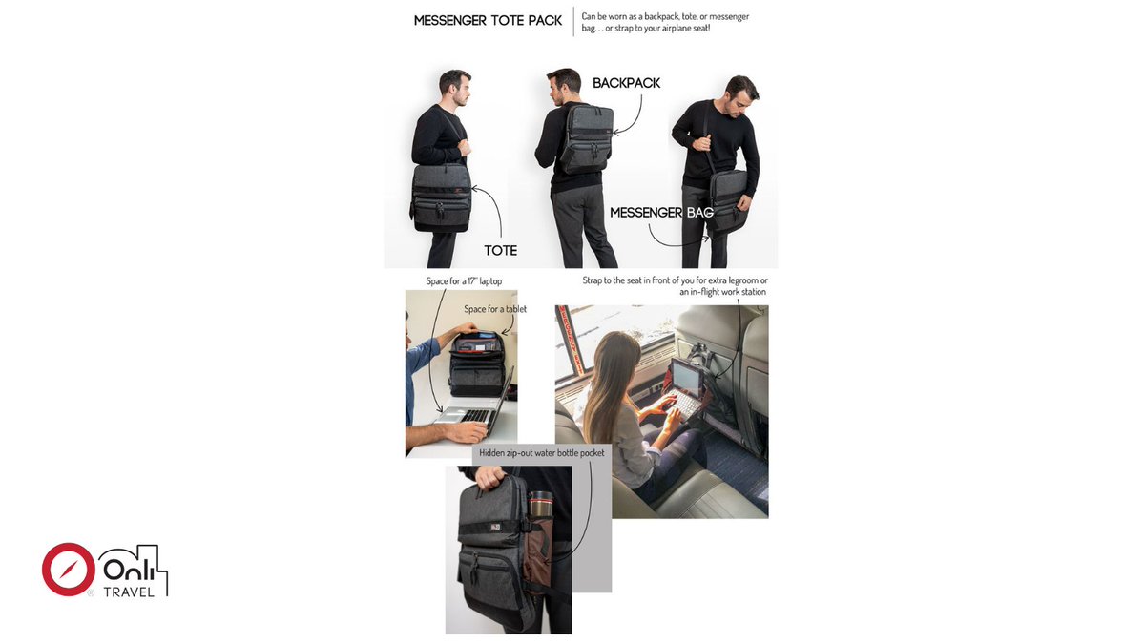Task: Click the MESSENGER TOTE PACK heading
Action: point(487,20)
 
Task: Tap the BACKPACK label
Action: point(626,83)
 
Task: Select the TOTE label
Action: point(500,250)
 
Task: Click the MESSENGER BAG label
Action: point(661,213)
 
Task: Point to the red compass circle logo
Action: point(68,570)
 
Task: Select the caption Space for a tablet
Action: point(494,309)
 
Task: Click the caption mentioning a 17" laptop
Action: point(464,281)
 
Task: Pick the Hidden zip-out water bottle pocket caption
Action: point(541,453)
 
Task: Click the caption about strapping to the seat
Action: point(674,286)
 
